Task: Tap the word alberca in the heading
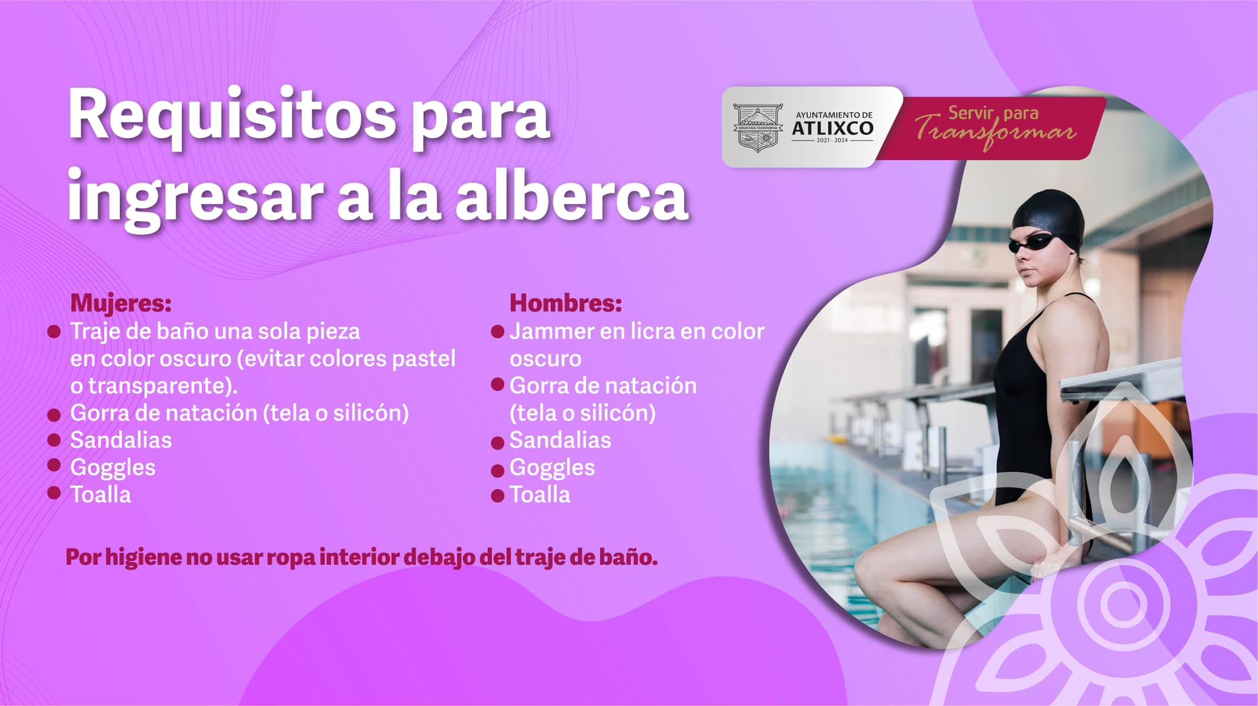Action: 572,196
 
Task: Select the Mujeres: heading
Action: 121,303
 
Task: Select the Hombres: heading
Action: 566,303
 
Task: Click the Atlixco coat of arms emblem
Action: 758,128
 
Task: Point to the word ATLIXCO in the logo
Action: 832,128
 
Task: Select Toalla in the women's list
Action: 101,494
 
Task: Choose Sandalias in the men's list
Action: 560,440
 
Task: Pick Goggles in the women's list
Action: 113,468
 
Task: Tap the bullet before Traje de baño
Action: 54,332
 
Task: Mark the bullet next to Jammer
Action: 498,332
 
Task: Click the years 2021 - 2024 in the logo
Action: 832,141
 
